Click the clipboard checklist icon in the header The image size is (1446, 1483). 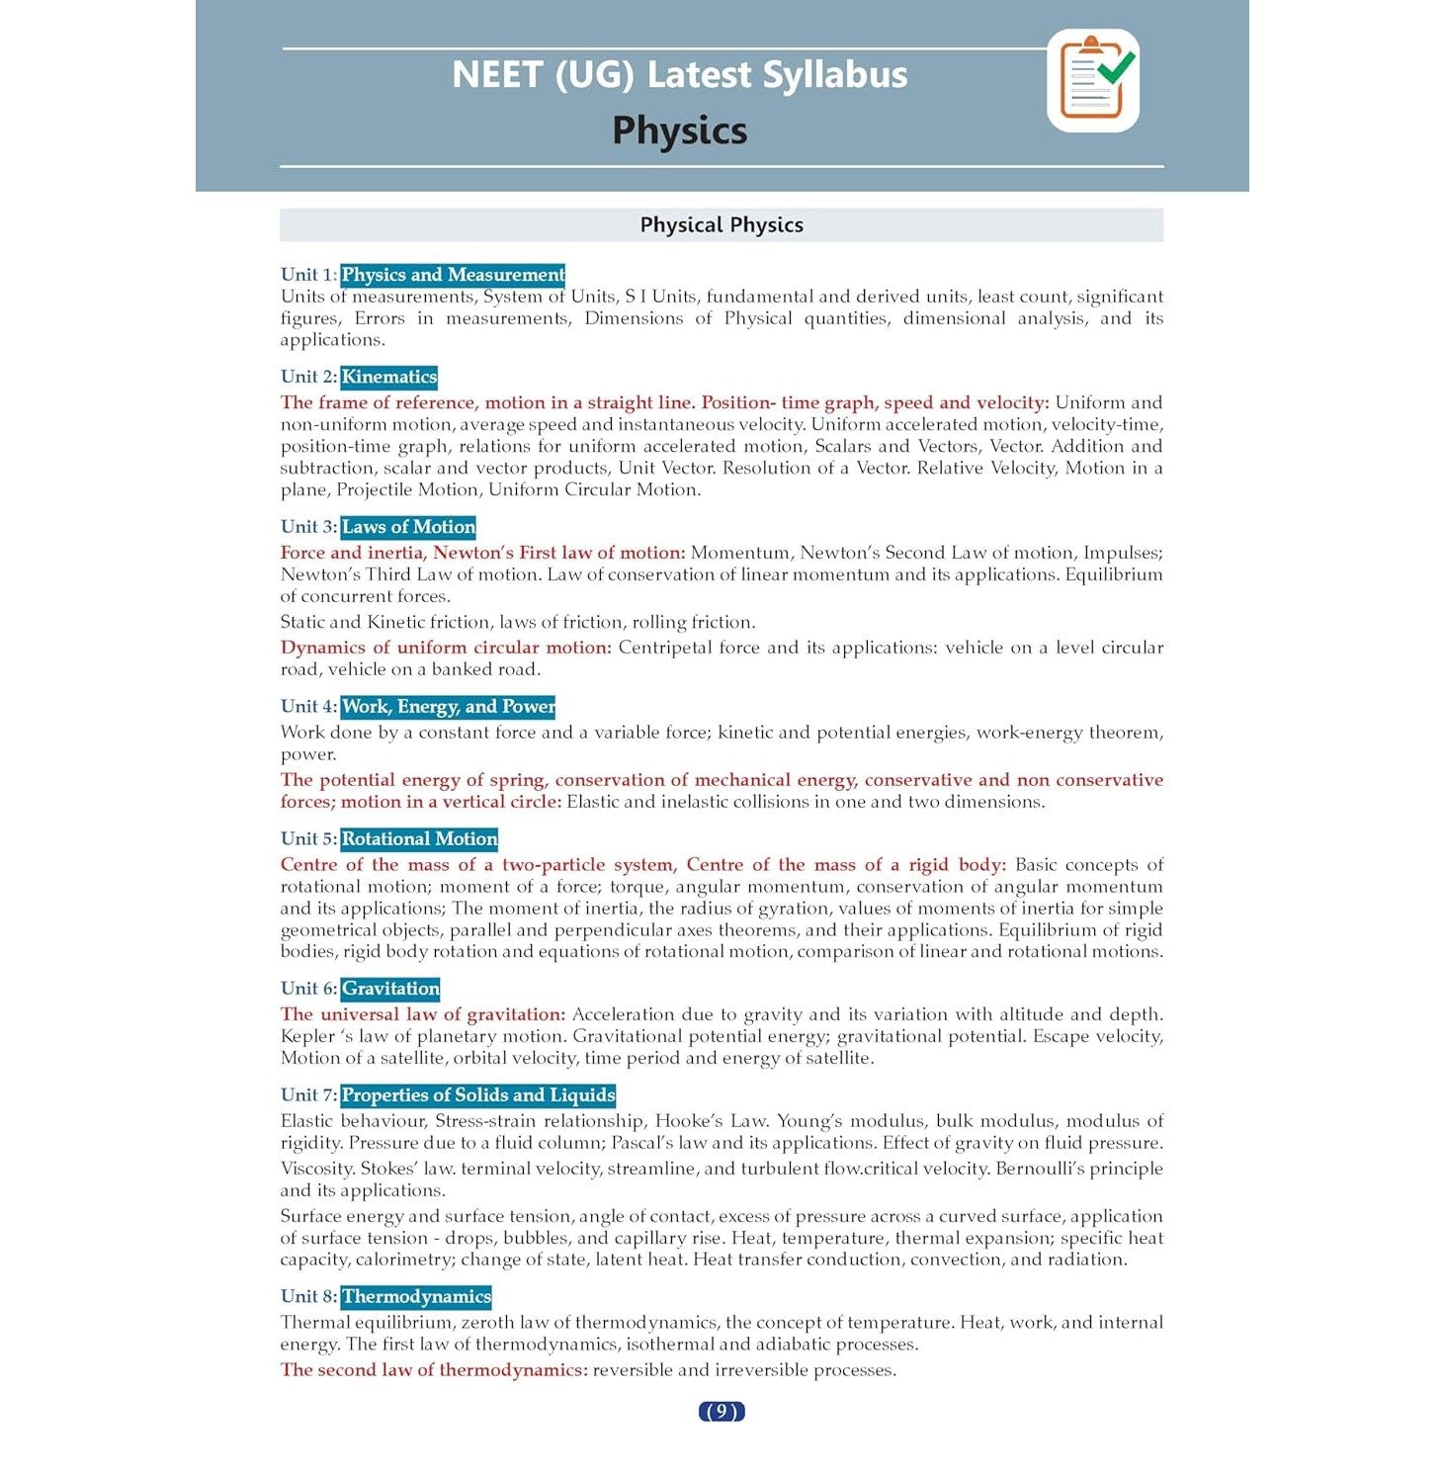click(x=1093, y=80)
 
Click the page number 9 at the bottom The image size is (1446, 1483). click(x=722, y=1411)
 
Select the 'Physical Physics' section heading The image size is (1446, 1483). click(x=722, y=225)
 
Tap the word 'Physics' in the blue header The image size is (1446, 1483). click(x=680, y=131)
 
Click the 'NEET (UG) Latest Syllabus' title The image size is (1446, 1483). click(x=680, y=75)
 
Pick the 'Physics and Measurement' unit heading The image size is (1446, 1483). click(x=453, y=275)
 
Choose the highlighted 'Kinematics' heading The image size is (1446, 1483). click(x=389, y=377)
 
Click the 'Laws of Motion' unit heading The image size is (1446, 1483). click(x=408, y=527)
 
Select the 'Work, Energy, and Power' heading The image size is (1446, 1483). click(x=448, y=707)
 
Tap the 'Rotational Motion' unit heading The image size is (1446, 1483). click(x=419, y=839)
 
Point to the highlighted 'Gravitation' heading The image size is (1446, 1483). click(x=390, y=989)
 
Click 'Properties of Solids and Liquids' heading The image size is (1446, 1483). click(x=478, y=1095)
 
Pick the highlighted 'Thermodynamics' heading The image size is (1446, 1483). click(x=416, y=1297)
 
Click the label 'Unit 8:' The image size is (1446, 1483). click(x=308, y=1297)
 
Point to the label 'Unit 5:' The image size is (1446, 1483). click(x=308, y=839)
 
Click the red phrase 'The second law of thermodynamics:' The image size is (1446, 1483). click(x=434, y=1370)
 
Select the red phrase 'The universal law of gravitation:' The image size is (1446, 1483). click(x=423, y=1014)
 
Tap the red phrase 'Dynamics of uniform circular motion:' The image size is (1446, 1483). click(x=446, y=648)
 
